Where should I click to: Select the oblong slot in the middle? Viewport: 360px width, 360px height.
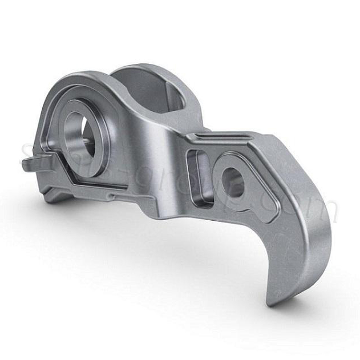click(x=196, y=177)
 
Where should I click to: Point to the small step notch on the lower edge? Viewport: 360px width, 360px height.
click(x=114, y=197)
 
